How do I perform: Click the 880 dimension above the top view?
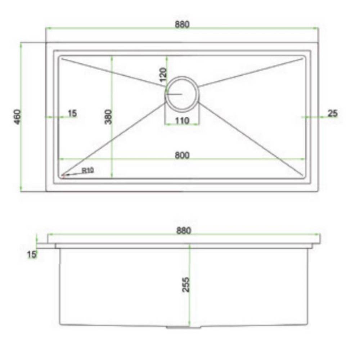(182, 25)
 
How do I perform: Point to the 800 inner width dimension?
(182, 155)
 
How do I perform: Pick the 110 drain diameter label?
(182, 121)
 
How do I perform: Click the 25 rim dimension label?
(333, 114)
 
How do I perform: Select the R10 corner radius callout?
(88, 171)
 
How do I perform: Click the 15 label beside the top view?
(72, 114)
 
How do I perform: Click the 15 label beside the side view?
(32, 255)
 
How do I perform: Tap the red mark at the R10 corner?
(63, 176)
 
